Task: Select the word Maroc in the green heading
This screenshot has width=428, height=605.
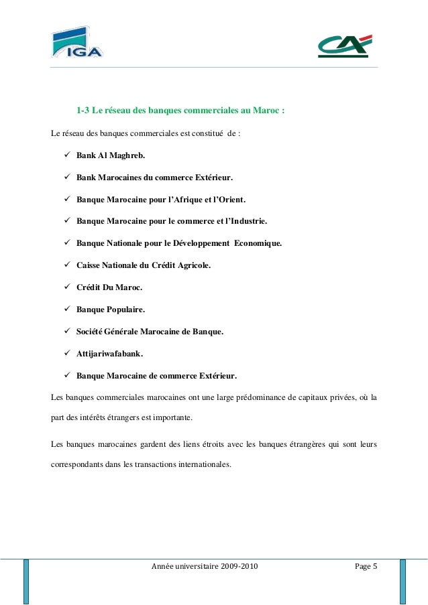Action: coord(268,110)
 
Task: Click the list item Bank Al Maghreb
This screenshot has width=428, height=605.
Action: coord(109,155)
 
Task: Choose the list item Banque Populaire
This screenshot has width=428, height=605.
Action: coord(110,309)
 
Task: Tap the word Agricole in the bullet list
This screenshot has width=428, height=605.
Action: coord(192,265)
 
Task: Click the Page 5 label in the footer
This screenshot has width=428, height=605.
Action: coord(366,567)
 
